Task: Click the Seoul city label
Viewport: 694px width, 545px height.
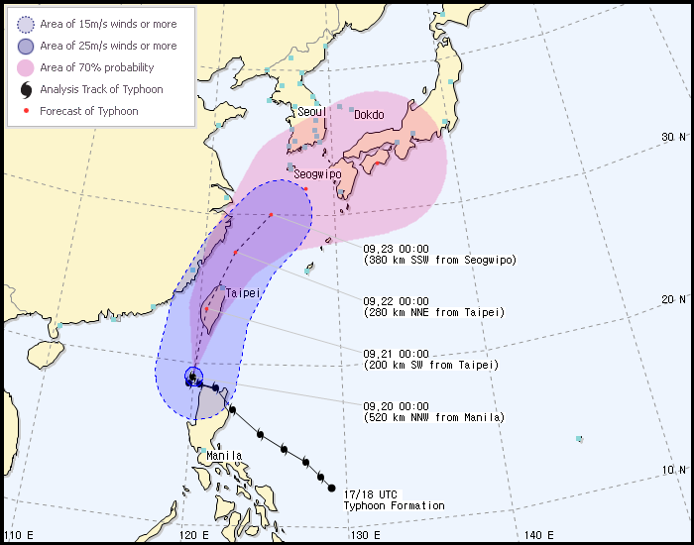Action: click(x=312, y=113)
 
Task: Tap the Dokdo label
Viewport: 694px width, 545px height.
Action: click(x=369, y=114)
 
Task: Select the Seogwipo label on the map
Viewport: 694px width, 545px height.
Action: click(x=317, y=173)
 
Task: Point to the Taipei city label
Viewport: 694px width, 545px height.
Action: click(x=242, y=293)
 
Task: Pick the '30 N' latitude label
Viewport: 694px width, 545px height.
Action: click(x=675, y=137)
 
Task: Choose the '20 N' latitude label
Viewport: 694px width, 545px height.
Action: click(x=675, y=299)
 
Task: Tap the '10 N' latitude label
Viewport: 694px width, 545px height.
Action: click(x=675, y=469)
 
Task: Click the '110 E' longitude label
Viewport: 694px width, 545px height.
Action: click(x=18, y=535)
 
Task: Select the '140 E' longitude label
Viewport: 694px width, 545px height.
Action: click(x=538, y=535)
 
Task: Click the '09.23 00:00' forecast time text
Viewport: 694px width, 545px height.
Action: click(x=396, y=249)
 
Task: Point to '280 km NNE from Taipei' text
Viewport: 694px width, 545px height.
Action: click(x=433, y=313)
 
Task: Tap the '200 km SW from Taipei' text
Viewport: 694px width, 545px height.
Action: click(x=430, y=366)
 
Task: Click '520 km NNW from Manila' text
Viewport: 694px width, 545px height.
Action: click(x=433, y=418)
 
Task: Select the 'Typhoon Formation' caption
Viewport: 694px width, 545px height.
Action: click(x=394, y=505)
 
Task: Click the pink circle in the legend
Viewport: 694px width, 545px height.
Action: click(x=25, y=67)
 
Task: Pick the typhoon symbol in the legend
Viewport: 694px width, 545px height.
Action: click(x=25, y=89)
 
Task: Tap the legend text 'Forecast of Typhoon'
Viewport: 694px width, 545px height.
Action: click(x=89, y=111)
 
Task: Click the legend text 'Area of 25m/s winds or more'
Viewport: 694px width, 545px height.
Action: click(x=108, y=46)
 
